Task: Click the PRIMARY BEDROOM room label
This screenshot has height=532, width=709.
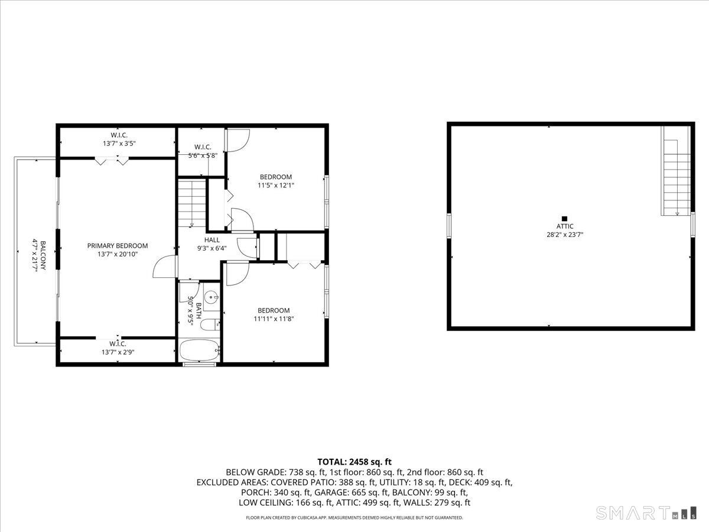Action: pos(118,246)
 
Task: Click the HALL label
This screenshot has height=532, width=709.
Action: pos(212,240)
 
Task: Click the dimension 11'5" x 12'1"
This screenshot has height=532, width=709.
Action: pos(275,185)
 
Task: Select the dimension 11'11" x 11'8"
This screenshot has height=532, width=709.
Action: pos(274,319)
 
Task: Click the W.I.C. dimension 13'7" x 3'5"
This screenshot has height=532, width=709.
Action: pos(119,143)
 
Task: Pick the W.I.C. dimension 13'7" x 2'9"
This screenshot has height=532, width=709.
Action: pos(117,352)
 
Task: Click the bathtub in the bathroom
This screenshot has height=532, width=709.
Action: pos(200,351)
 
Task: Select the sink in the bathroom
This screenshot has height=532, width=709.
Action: pos(212,297)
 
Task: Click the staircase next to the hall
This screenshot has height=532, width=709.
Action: pos(192,203)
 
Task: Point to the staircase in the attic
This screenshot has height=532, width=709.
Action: pos(676,177)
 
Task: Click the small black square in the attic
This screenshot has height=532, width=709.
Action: pos(564,218)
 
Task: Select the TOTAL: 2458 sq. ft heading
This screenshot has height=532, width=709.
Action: pos(354,462)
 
